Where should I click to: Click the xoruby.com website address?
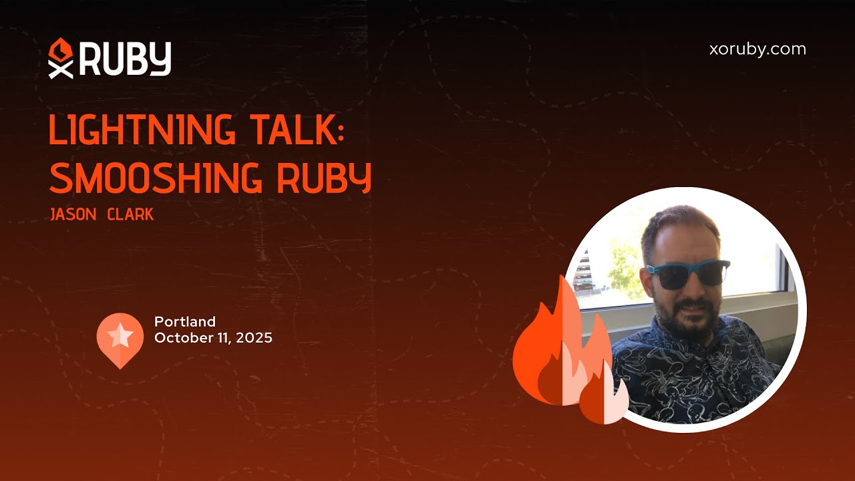pos(757,49)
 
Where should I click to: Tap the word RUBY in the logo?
pos(126,58)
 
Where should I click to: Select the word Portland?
pos(185,322)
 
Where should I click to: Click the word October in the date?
pos(180,338)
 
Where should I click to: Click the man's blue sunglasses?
pos(689,274)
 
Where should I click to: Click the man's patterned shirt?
pos(695,374)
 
